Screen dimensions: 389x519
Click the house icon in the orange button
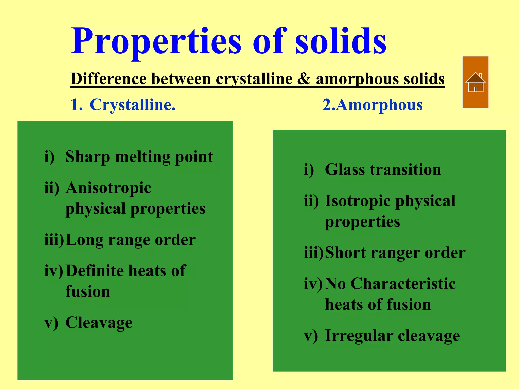475,82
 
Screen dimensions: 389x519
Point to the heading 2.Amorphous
373,105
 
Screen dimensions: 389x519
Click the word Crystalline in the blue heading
132,105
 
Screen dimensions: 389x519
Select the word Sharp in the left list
87,157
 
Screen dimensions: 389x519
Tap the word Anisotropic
108,188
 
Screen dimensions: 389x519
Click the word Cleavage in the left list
99,323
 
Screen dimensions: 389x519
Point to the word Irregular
359,336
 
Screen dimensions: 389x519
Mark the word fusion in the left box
88,292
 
